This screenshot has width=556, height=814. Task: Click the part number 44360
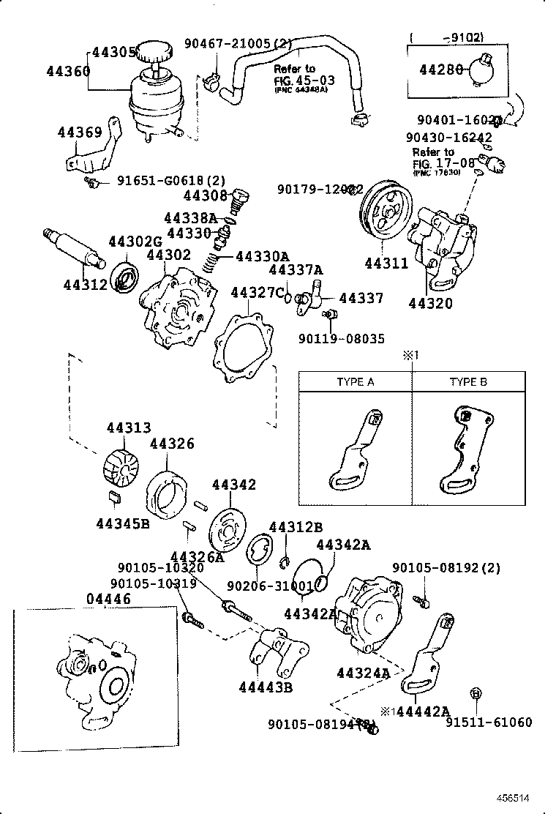pos(67,71)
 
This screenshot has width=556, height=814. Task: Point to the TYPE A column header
pos(355,382)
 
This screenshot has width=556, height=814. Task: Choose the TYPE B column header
pos(468,382)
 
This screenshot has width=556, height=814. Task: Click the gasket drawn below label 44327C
pos(242,347)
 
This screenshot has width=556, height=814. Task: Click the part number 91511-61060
pos(489,722)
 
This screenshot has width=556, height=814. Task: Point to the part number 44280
pos(440,70)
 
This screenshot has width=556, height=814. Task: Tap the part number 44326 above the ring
pos(172,444)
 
